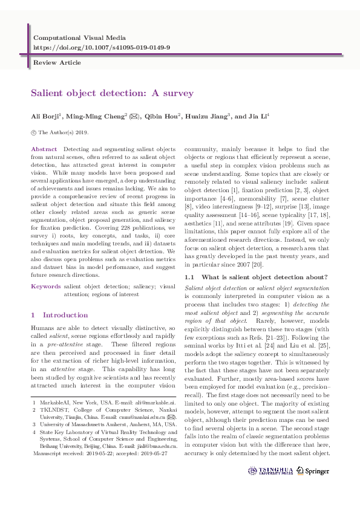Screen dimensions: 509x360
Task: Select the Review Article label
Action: click(x=57, y=62)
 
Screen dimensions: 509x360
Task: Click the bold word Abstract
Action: click(x=44, y=149)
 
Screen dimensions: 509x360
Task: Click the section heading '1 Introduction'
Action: click(x=59, y=315)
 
